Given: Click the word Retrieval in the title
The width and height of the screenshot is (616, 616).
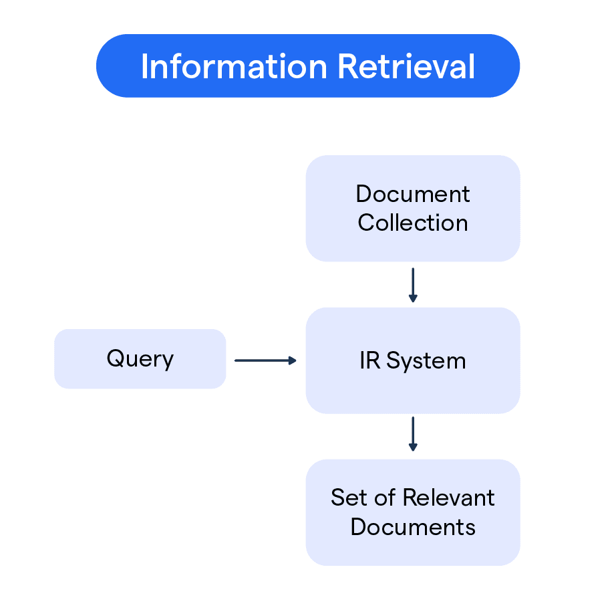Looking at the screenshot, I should point(406,67).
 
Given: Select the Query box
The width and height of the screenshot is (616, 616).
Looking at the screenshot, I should point(140,359).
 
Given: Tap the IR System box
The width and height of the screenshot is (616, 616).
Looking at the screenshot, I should point(412,361).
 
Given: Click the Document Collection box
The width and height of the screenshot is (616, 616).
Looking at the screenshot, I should point(412,208).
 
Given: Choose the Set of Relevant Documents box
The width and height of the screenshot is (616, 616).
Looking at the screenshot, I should point(412,512).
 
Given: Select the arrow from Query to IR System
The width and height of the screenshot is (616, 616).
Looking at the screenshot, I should point(265,361).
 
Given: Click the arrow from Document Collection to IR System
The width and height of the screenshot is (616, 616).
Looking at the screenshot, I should point(413,285).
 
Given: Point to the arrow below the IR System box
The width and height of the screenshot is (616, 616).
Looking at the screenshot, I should point(413,434).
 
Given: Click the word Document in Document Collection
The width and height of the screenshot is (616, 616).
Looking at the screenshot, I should point(412,194).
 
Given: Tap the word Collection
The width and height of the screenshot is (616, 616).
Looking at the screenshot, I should point(412,223).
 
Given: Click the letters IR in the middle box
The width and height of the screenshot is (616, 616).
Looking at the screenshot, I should point(369,361).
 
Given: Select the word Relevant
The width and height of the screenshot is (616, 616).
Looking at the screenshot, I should point(449,498).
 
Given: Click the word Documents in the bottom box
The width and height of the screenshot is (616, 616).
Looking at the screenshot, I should point(412,527).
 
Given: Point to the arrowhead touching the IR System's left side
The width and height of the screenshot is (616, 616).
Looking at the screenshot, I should point(292,361).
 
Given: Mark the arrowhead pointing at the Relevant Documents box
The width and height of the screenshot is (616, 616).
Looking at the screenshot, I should point(413,447).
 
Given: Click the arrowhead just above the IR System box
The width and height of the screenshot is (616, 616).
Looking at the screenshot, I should point(413,298).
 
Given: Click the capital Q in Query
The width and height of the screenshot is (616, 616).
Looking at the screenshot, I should point(115,359).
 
